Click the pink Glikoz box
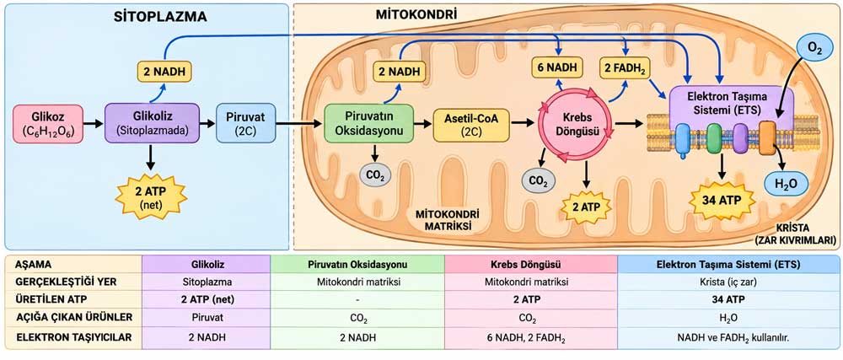(x=48, y=124)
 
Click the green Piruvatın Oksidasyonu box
(x=369, y=124)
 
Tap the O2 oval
(x=814, y=50)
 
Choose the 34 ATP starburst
(x=722, y=201)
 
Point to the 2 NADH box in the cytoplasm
(x=164, y=70)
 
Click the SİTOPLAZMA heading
(x=161, y=17)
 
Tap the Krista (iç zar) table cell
(x=729, y=281)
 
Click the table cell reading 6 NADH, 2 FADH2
(x=531, y=337)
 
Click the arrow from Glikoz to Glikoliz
(x=94, y=124)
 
